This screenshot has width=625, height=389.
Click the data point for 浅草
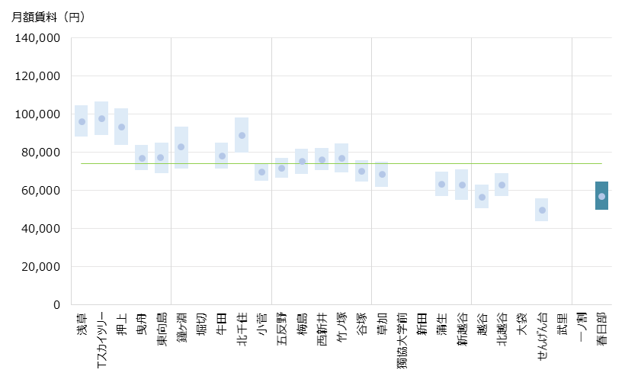(x=82, y=121)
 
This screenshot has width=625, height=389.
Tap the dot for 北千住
(x=242, y=135)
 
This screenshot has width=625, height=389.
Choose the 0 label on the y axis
(x=56, y=304)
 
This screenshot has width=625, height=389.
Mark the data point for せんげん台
(x=542, y=210)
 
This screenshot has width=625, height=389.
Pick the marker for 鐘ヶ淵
(x=181, y=146)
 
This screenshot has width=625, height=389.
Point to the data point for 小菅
(x=261, y=172)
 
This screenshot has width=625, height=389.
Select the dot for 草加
(x=382, y=174)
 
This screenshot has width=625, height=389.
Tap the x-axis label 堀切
(x=201, y=324)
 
